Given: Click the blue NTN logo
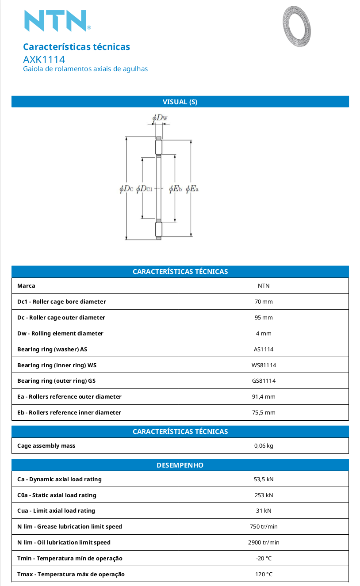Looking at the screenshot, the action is pyautogui.click(x=57, y=21).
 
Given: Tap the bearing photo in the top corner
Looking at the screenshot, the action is pyautogui.click(x=297, y=26).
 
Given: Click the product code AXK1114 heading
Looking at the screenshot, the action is pyautogui.click(x=44, y=60).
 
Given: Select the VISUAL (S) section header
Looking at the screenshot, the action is pyautogui.click(x=180, y=102).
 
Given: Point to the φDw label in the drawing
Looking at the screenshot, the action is pyautogui.click(x=160, y=118).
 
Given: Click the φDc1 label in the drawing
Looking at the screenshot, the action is pyautogui.click(x=144, y=189).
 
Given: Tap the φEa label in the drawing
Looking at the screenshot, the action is pyautogui.click(x=192, y=189).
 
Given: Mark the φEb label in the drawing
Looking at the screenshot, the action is pyautogui.click(x=175, y=189).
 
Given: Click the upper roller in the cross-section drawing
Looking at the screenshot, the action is pyautogui.click(x=159, y=147).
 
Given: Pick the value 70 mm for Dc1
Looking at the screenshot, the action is pyautogui.click(x=264, y=302).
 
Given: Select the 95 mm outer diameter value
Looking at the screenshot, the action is pyautogui.click(x=264, y=318).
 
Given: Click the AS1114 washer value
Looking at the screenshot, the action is pyautogui.click(x=264, y=349).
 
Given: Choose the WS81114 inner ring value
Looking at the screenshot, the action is pyautogui.click(x=264, y=365).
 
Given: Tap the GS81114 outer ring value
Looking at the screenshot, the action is pyautogui.click(x=264, y=381).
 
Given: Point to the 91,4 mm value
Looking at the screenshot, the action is pyautogui.click(x=264, y=396).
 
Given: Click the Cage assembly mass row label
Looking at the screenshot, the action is pyautogui.click(x=46, y=446).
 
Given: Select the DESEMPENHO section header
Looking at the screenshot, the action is pyautogui.click(x=180, y=465).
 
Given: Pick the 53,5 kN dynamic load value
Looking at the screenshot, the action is pyautogui.click(x=264, y=479).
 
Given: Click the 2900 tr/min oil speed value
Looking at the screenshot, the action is pyautogui.click(x=264, y=543).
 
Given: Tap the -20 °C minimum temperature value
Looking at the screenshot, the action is pyautogui.click(x=264, y=559).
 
